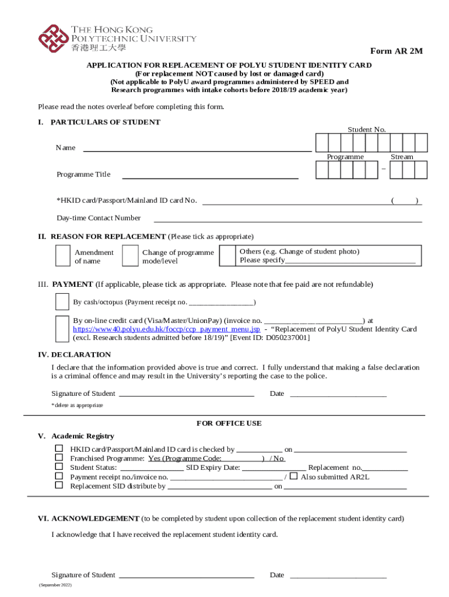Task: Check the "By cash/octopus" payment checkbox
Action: point(62,302)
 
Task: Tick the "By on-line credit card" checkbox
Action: point(62,329)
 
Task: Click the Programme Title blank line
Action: point(209,177)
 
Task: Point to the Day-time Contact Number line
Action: point(287,222)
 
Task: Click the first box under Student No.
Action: point(321,143)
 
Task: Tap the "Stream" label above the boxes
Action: point(402,157)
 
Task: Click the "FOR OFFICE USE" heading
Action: point(229,423)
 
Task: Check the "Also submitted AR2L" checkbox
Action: point(293,476)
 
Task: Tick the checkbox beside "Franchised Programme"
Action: point(59,458)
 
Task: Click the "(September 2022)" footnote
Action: point(55,584)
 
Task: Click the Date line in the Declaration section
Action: point(338,396)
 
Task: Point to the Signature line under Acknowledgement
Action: point(186,577)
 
